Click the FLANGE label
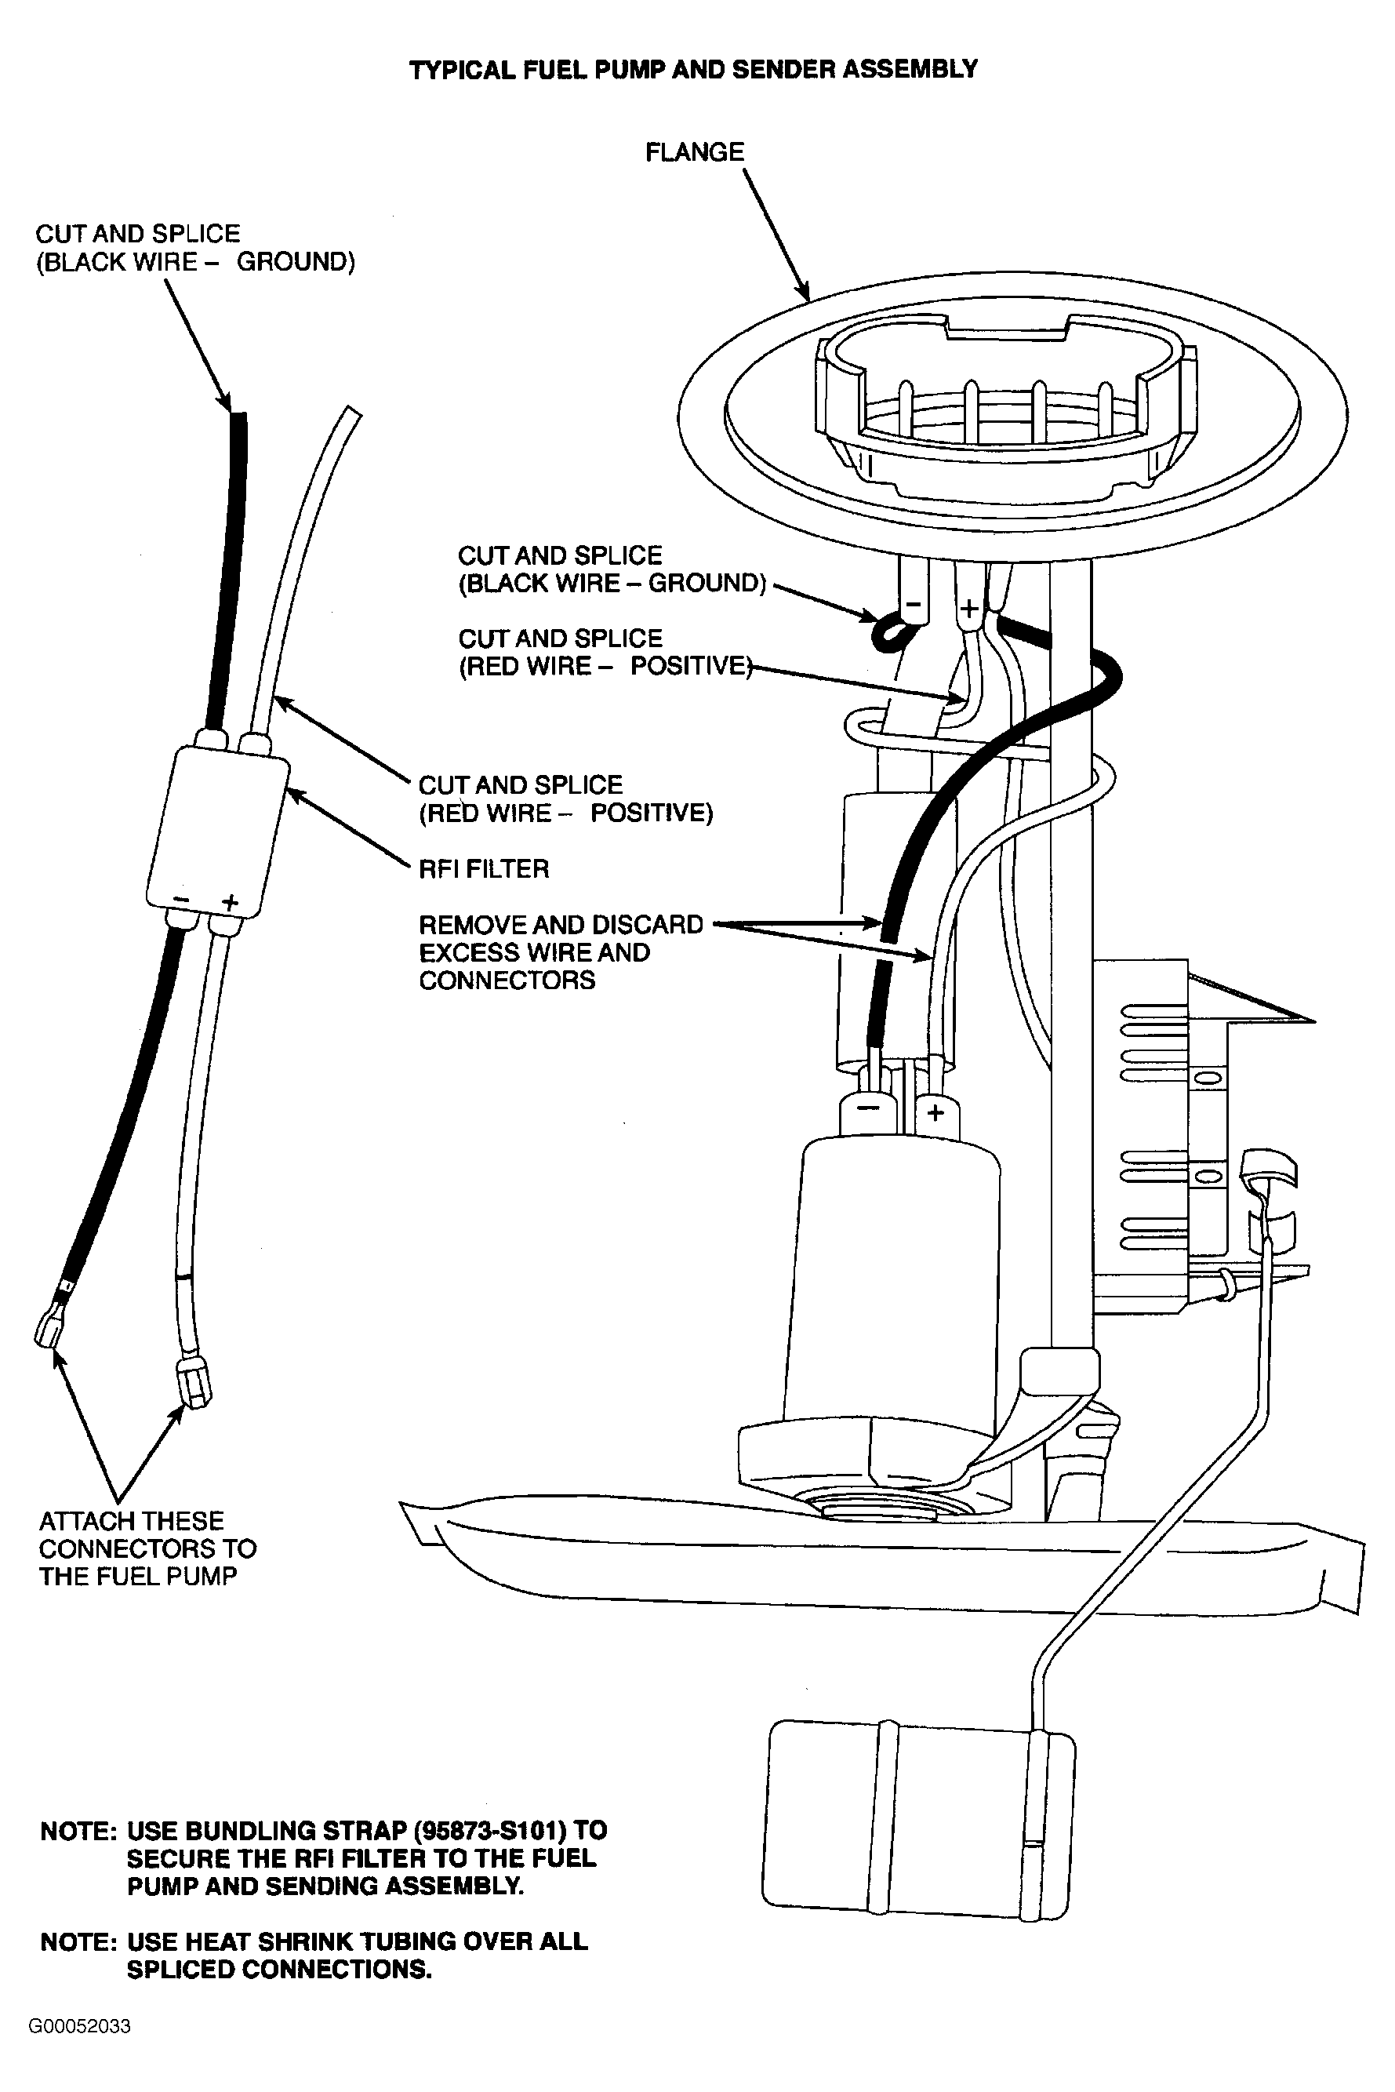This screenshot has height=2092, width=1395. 694,152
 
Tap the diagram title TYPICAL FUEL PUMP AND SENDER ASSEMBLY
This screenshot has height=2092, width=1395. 693,69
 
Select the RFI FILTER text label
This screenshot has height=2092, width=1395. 484,868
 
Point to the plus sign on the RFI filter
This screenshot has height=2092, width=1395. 231,902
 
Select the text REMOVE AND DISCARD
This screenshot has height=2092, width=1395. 561,925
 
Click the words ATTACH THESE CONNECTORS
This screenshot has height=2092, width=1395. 147,1535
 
